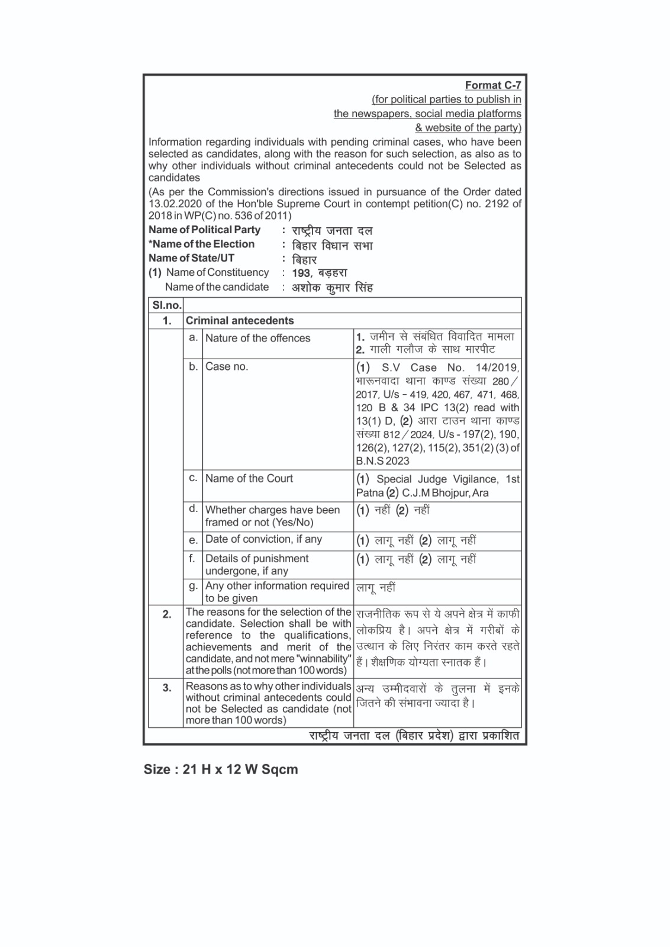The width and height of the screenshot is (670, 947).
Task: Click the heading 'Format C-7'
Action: (492, 85)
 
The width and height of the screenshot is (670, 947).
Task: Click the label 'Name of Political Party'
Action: (204, 230)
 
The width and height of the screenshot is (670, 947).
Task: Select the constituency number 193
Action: (301, 273)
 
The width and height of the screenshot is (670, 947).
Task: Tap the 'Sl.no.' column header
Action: (166, 305)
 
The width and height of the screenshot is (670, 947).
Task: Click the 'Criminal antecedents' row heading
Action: (240, 321)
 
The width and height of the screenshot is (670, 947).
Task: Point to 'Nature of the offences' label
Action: (257, 338)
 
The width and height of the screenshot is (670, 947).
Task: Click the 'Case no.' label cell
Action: (227, 366)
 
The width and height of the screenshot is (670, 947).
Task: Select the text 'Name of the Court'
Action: (249, 478)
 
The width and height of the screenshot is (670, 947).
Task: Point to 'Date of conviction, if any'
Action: (263, 539)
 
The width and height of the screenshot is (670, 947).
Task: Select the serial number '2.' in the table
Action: (167, 614)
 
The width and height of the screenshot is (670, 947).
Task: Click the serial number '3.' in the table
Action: (167, 688)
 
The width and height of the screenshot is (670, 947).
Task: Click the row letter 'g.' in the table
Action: (193, 586)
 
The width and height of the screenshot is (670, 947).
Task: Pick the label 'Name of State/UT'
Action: (191, 258)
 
